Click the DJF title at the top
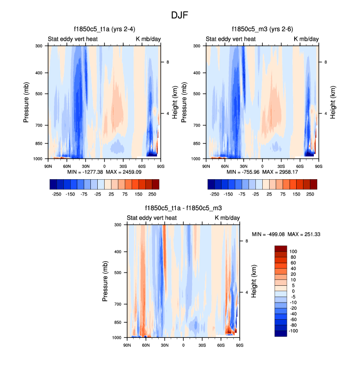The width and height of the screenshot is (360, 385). point(180,15)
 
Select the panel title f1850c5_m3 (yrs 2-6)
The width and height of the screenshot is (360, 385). point(262,29)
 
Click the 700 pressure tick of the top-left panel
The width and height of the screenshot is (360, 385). point(38,126)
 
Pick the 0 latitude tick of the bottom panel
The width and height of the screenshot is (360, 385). point(183,345)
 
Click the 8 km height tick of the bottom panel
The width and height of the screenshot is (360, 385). point(246,241)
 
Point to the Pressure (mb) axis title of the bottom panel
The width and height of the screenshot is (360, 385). point(106,281)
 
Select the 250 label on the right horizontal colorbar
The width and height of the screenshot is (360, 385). point(310,194)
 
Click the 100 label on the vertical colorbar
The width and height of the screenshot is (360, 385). point(294,251)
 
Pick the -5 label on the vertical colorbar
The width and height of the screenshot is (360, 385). point(294,296)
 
